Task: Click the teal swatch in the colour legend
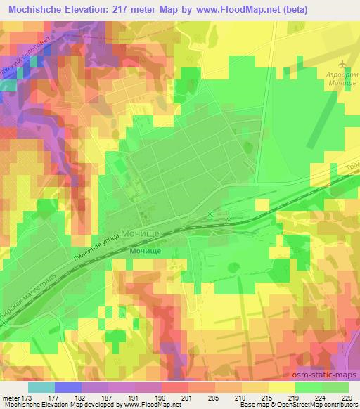coord(41,387)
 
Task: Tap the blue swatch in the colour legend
coord(68,387)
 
